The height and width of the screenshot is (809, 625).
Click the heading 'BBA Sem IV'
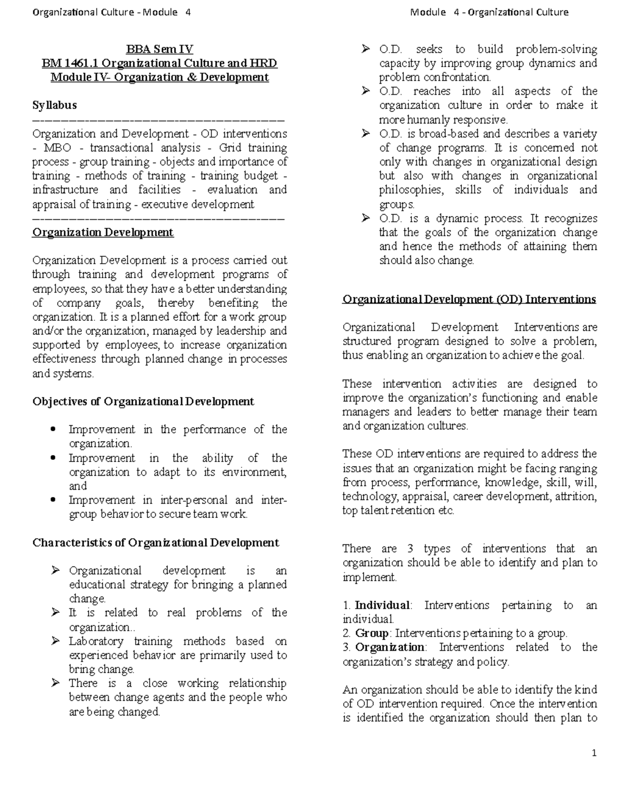(159, 49)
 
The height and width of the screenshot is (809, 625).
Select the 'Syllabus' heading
(54, 105)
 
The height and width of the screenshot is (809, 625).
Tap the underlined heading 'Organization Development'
(103, 232)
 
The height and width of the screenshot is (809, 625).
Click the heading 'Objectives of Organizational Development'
(143, 402)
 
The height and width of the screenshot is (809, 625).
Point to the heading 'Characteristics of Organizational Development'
(156, 543)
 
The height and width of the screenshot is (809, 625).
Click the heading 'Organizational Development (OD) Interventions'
(469, 300)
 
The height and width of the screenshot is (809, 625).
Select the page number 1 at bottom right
(593, 753)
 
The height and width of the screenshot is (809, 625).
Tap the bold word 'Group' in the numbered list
(372, 633)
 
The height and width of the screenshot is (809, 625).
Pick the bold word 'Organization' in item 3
(390, 648)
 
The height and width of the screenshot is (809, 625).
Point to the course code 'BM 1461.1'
(70, 64)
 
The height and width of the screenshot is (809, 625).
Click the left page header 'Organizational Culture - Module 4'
(111, 12)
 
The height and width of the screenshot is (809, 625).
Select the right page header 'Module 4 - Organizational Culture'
(489, 12)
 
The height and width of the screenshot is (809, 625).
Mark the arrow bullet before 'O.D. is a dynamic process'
(366, 219)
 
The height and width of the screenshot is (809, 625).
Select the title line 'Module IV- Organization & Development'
(159, 78)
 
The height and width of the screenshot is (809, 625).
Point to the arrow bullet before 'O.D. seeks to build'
(366, 49)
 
